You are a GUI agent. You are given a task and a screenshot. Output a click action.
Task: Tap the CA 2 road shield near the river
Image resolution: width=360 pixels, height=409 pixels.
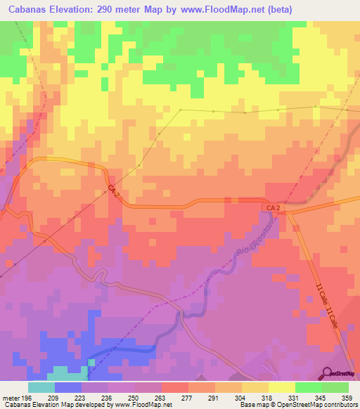pos(274,209)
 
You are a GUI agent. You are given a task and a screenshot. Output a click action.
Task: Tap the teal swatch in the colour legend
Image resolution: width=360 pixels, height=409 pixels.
pos(41,387)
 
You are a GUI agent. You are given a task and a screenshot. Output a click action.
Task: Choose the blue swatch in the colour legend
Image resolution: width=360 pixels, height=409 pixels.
pos(68,387)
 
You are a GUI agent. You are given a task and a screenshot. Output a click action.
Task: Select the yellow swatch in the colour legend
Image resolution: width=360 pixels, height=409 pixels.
pos(281,387)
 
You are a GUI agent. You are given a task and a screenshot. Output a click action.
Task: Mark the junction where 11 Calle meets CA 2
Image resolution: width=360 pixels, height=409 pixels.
pos(289,211)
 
